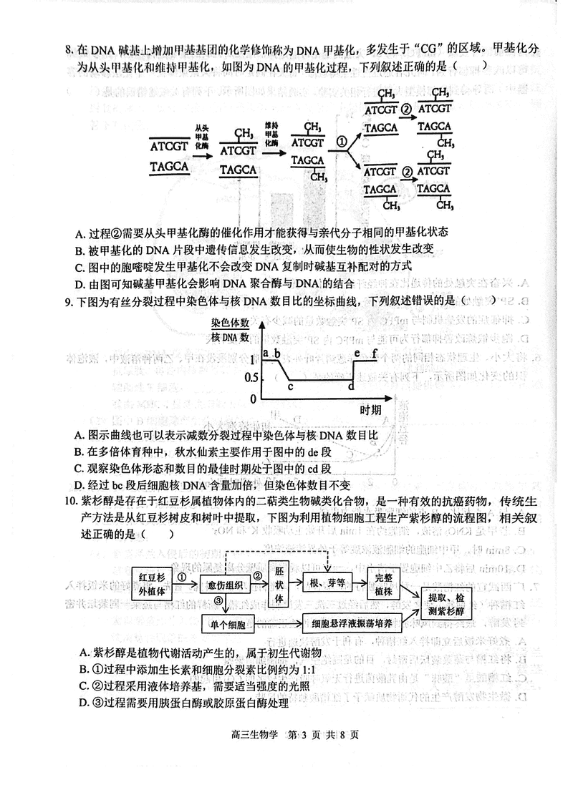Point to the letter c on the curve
(290, 387)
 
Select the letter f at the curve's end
(374, 353)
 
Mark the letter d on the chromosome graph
(350, 387)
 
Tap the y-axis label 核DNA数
(230, 336)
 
